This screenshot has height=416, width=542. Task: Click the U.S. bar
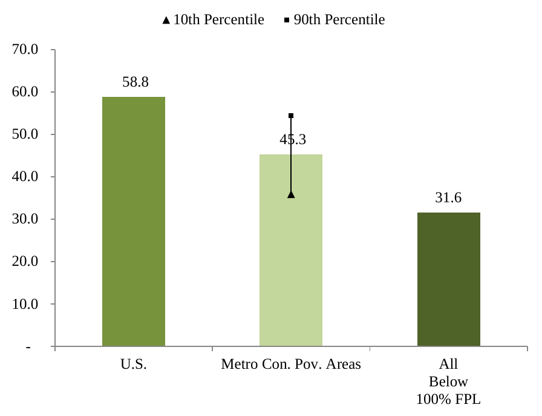coord(133,222)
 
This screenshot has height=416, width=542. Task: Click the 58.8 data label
coord(135,82)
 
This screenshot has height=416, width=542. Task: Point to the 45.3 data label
coord(293,140)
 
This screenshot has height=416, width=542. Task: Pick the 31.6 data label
coord(448,198)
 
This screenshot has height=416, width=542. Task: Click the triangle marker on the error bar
coord(291,194)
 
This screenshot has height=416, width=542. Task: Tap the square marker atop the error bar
coord(291,116)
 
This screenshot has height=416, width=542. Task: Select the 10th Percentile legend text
coord(218,20)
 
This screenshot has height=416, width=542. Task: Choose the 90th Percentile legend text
coord(339,20)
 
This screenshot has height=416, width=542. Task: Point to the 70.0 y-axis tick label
coord(25,50)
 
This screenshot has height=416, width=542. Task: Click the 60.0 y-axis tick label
coord(25,92)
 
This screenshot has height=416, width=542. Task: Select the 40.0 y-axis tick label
coord(25,177)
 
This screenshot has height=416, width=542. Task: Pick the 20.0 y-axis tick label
coord(25,262)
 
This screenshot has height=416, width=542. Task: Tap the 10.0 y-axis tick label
coord(25,304)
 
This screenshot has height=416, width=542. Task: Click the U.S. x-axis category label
coord(134,365)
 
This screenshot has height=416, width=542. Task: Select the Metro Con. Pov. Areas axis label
coord(291,365)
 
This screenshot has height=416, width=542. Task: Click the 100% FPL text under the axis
coord(448,399)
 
